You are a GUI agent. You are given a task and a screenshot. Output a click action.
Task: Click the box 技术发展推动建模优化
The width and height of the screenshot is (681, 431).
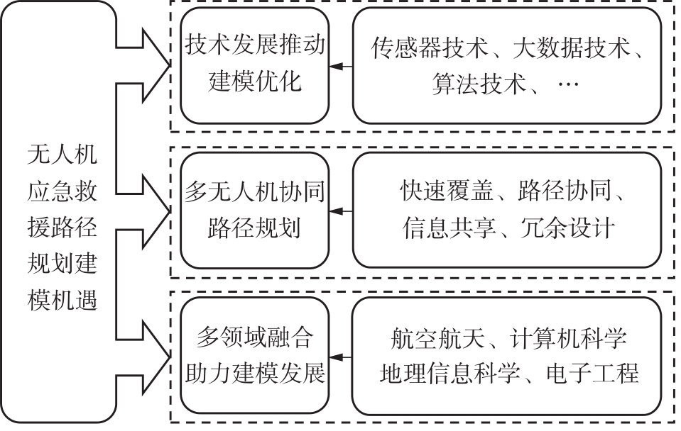[255, 65]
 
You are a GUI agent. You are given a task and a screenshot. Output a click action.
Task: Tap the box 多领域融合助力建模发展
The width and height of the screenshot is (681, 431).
[255, 355]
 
